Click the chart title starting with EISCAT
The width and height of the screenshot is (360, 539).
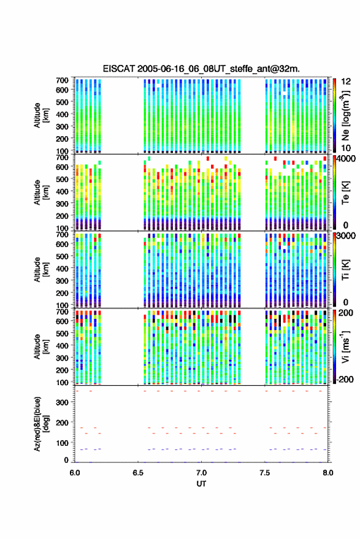[201, 69]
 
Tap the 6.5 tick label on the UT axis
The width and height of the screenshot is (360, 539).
[138, 473]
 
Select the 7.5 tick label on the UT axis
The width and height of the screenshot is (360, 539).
[265, 473]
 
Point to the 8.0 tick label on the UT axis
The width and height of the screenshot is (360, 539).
[328, 473]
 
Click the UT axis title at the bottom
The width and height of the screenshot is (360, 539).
[201, 484]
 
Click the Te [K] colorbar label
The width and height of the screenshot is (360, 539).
[345, 193]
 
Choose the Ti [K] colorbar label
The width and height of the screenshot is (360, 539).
[345, 270]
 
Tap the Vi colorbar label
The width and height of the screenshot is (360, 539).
[345, 346]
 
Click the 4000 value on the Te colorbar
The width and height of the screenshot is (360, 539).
[347, 159]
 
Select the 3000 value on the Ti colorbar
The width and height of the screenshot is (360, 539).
[347, 236]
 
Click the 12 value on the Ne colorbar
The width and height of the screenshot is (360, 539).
[346, 82]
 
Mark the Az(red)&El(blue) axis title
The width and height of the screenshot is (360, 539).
[41, 424]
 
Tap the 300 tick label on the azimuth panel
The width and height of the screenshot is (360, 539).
[62, 402]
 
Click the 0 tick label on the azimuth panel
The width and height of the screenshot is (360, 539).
[66, 461]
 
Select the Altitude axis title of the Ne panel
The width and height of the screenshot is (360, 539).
[41, 115]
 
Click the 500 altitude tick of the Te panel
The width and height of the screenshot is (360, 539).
[62, 179]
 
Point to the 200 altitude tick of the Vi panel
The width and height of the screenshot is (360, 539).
[62, 370]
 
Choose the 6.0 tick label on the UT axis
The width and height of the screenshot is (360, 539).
[75, 473]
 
